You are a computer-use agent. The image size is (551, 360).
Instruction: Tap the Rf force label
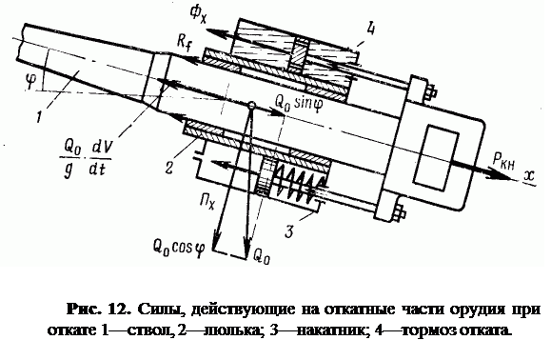coord(184,43)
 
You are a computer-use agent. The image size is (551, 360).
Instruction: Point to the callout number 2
coord(169,167)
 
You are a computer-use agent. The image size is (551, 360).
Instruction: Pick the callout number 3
coord(289,231)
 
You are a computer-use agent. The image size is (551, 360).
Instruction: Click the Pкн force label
coord(503,162)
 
